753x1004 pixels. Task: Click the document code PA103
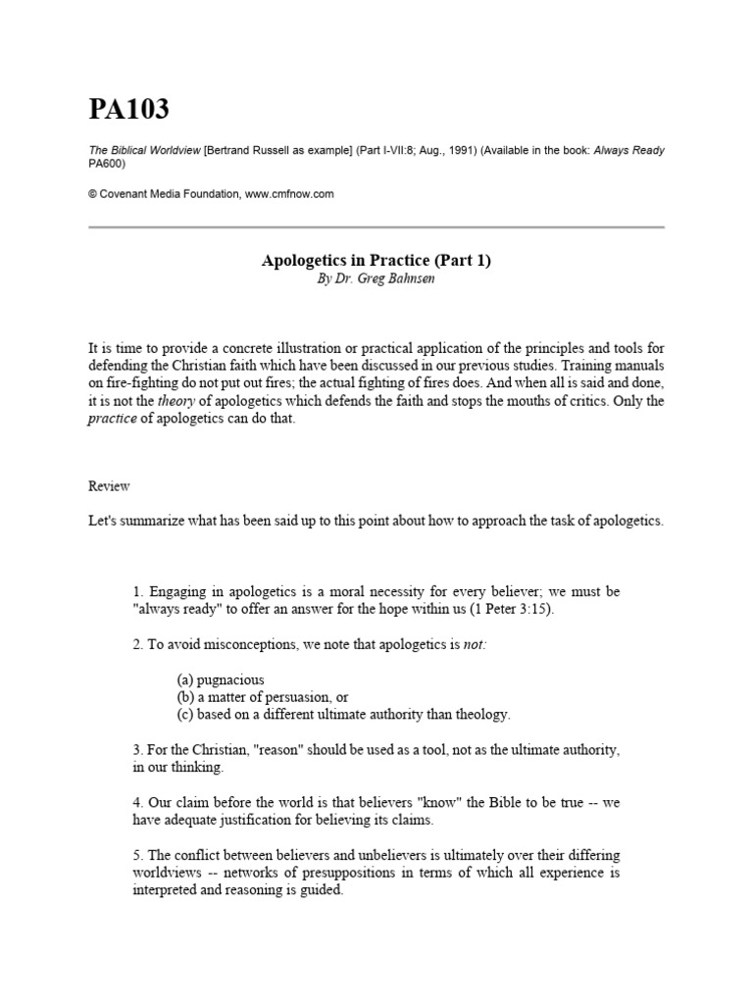[128, 111]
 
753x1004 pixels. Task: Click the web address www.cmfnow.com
[289, 194]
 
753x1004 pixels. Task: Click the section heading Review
[109, 486]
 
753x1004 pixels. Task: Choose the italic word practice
[111, 420]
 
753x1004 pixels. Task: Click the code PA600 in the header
[107, 164]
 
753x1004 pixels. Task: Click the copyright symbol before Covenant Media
[93, 194]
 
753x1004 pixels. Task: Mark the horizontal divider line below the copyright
[376, 226]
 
